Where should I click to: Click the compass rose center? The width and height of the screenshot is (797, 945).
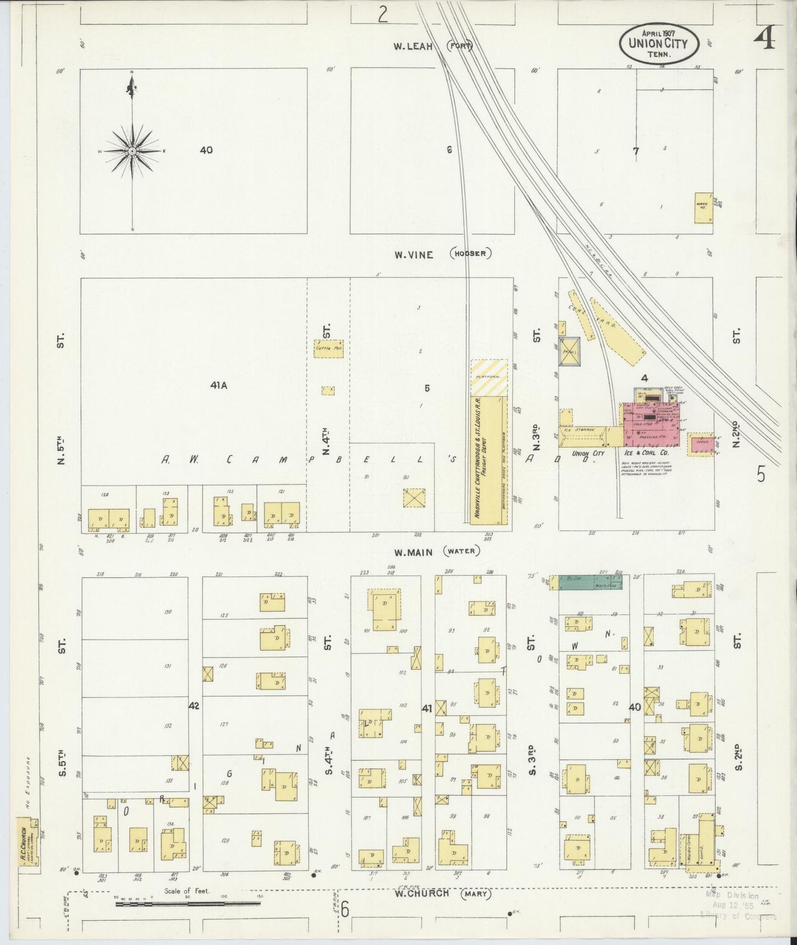tap(132, 151)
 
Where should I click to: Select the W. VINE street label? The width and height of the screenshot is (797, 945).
tap(414, 255)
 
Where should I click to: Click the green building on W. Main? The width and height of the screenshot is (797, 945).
tap(590, 582)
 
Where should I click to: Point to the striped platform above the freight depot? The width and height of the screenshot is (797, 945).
tap(489, 378)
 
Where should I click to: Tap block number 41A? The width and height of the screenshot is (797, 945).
tap(218, 385)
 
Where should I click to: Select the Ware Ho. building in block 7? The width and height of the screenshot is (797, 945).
tap(703, 208)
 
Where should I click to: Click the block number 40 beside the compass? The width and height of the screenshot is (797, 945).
tap(206, 150)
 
